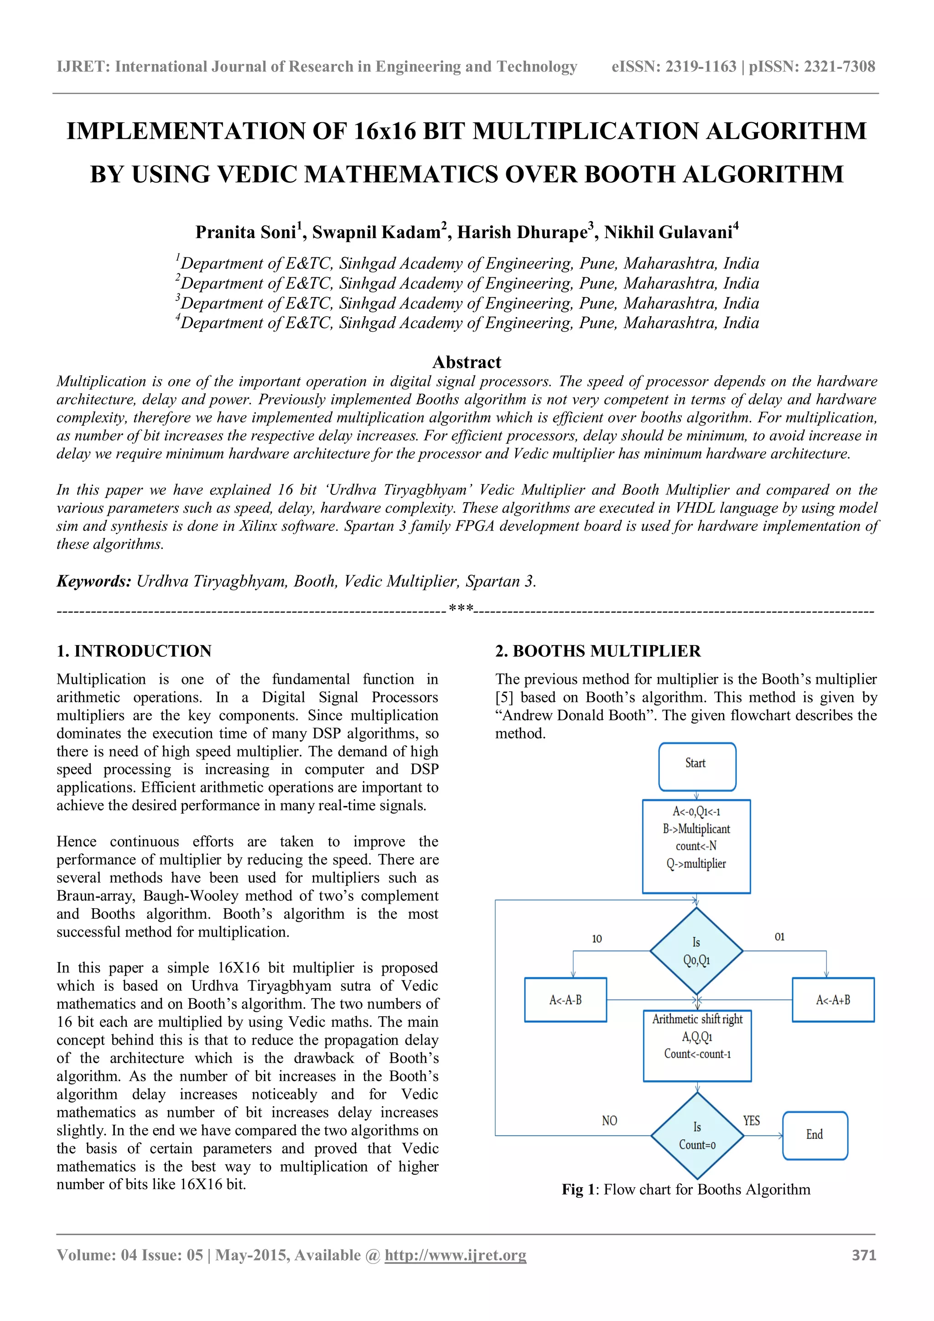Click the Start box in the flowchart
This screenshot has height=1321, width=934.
coord(697,766)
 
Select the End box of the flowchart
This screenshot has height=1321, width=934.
coord(815,1134)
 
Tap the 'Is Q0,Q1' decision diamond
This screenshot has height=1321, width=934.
coord(696,951)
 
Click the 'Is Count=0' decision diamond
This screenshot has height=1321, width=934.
coord(697,1135)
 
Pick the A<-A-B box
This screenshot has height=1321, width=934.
coord(566,1000)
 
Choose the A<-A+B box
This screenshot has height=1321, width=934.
coord(833,1000)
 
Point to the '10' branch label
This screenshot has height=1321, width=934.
coord(597,939)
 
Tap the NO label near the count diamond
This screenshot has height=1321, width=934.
coord(610,1120)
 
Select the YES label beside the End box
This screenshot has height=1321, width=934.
coord(751,1120)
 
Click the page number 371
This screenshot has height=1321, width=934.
coord(864,1255)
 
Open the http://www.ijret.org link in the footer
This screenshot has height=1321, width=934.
coord(456,1255)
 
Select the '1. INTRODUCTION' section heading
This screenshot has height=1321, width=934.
coord(134,651)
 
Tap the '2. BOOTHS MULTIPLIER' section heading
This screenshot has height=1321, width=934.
coord(598,651)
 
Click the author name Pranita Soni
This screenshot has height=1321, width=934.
coord(245,232)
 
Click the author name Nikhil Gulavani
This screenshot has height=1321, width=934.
coord(668,232)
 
